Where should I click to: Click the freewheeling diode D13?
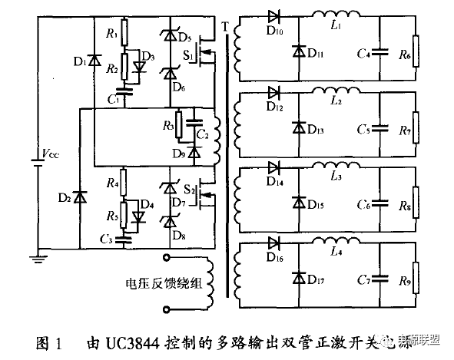tap(297, 127)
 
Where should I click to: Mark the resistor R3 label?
tap(167, 124)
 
